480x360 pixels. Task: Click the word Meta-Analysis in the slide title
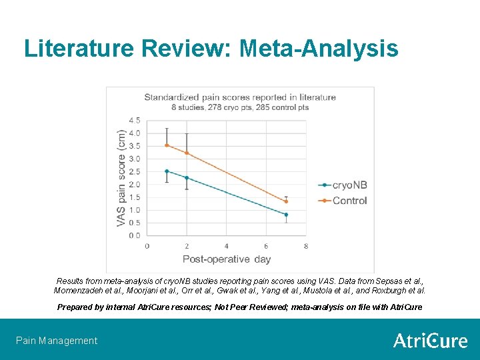(x=319, y=49)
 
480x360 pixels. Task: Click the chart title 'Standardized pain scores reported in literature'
(x=240, y=97)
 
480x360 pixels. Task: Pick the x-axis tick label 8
(x=306, y=246)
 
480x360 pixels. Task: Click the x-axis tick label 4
(x=227, y=246)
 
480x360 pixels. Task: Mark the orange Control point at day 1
(x=167, y=145)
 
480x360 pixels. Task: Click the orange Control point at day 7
(x=286, y=201)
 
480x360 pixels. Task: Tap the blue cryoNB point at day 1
(x=167, y=171)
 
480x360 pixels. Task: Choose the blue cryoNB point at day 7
(x=286, y=215)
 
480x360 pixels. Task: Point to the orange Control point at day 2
(x=187, y=153)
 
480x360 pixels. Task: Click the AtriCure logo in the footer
(x=430, y=341)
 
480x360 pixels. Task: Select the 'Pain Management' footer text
(x=57, y=341)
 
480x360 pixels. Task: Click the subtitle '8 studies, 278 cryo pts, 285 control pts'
(x=240, y=107)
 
